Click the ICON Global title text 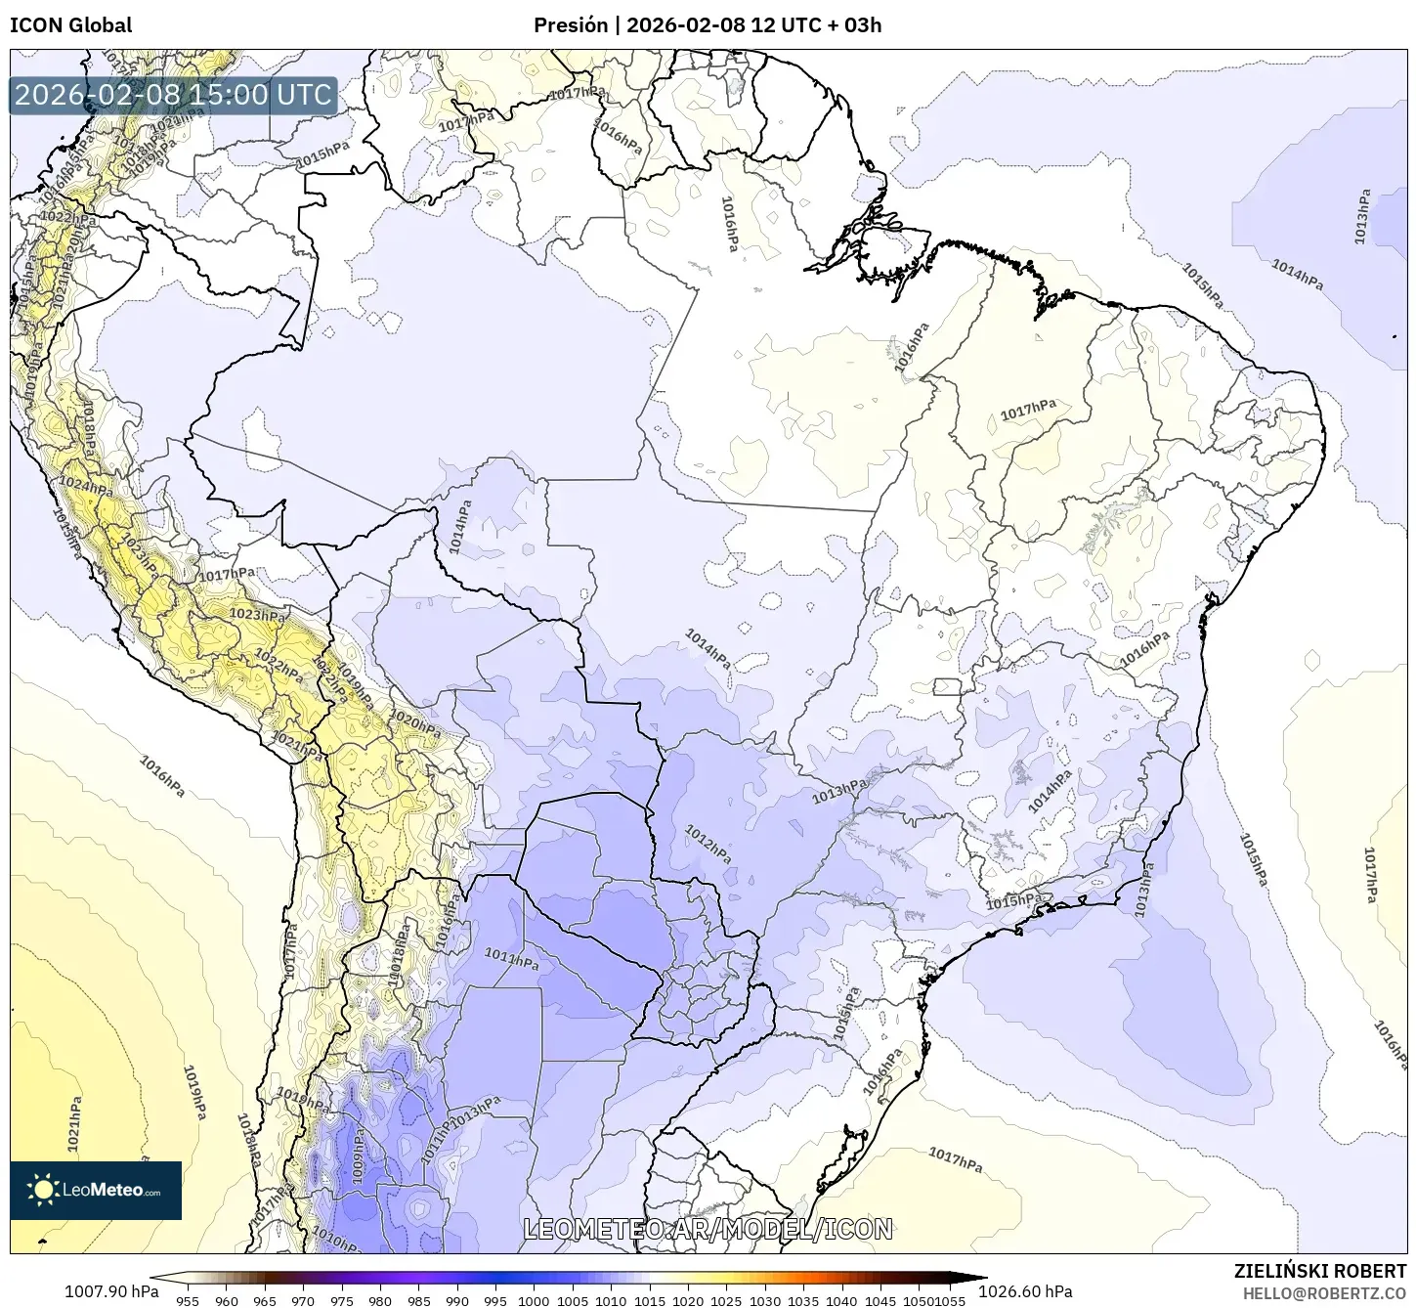[x=70, y=25]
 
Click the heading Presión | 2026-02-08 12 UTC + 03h [x=707, y=25]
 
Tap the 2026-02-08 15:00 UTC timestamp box [x=173, y=96]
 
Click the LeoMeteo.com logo [x=96, y=1190]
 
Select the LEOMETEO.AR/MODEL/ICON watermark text [x=708, y=1229]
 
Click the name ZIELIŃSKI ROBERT [x=1320, y=1271]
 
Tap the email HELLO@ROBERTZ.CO [x=1324, y=1292]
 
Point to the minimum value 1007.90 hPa [x=110, y=1291]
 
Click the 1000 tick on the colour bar [x=534, y=1300]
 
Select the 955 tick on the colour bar [x=188, y=1300]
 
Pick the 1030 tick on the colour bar [x=764, y=1300]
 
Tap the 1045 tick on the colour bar [x=880, y=1300]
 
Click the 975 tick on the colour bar [x=341, y=1300]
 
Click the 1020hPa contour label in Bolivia [x=415, y=723]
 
